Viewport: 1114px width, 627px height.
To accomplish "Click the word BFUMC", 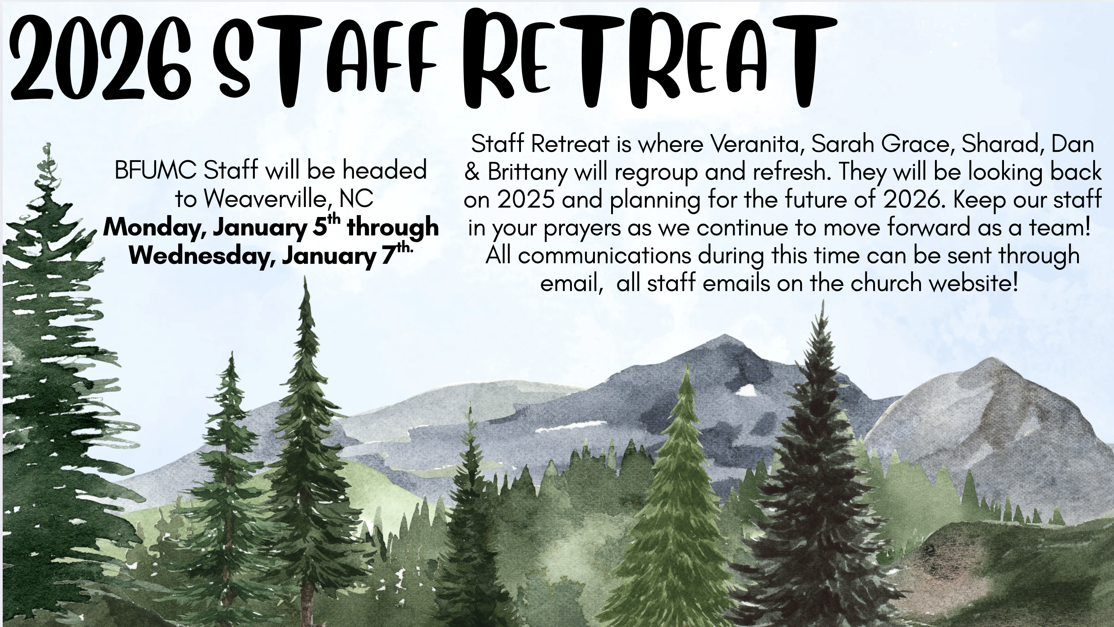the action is tap(156, 171).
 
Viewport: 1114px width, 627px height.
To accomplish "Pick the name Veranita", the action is tap(758, 144).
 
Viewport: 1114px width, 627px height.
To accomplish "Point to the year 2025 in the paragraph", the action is tap(526, 200).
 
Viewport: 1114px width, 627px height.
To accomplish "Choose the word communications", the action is tap(604, 256).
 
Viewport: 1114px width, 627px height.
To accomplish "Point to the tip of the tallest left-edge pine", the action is tap(46, 143).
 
